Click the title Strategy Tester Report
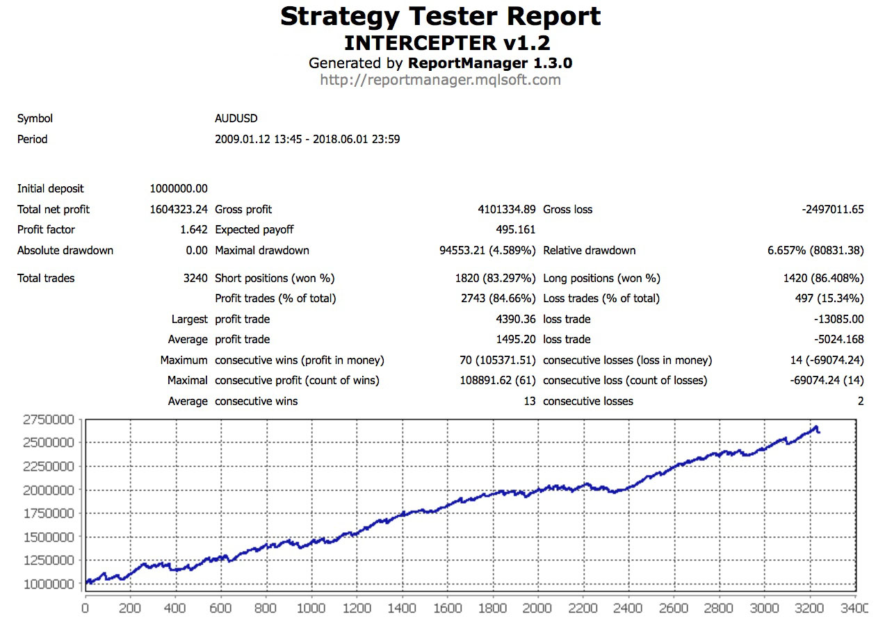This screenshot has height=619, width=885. [441, 16]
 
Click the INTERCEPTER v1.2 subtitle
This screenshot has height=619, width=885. [447, 42]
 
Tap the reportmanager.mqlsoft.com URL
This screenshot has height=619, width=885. [440, 80]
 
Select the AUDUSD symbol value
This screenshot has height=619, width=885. [236, 119]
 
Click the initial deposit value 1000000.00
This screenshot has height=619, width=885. [179, 189]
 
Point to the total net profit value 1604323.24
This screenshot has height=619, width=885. [179, 210]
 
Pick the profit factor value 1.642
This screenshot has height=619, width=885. [193, 230]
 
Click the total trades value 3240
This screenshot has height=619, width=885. [195, 279]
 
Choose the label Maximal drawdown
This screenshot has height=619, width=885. [262, 251]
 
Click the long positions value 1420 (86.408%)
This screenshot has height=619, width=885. [823, 279]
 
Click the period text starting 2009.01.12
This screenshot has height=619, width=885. [307, 140]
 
